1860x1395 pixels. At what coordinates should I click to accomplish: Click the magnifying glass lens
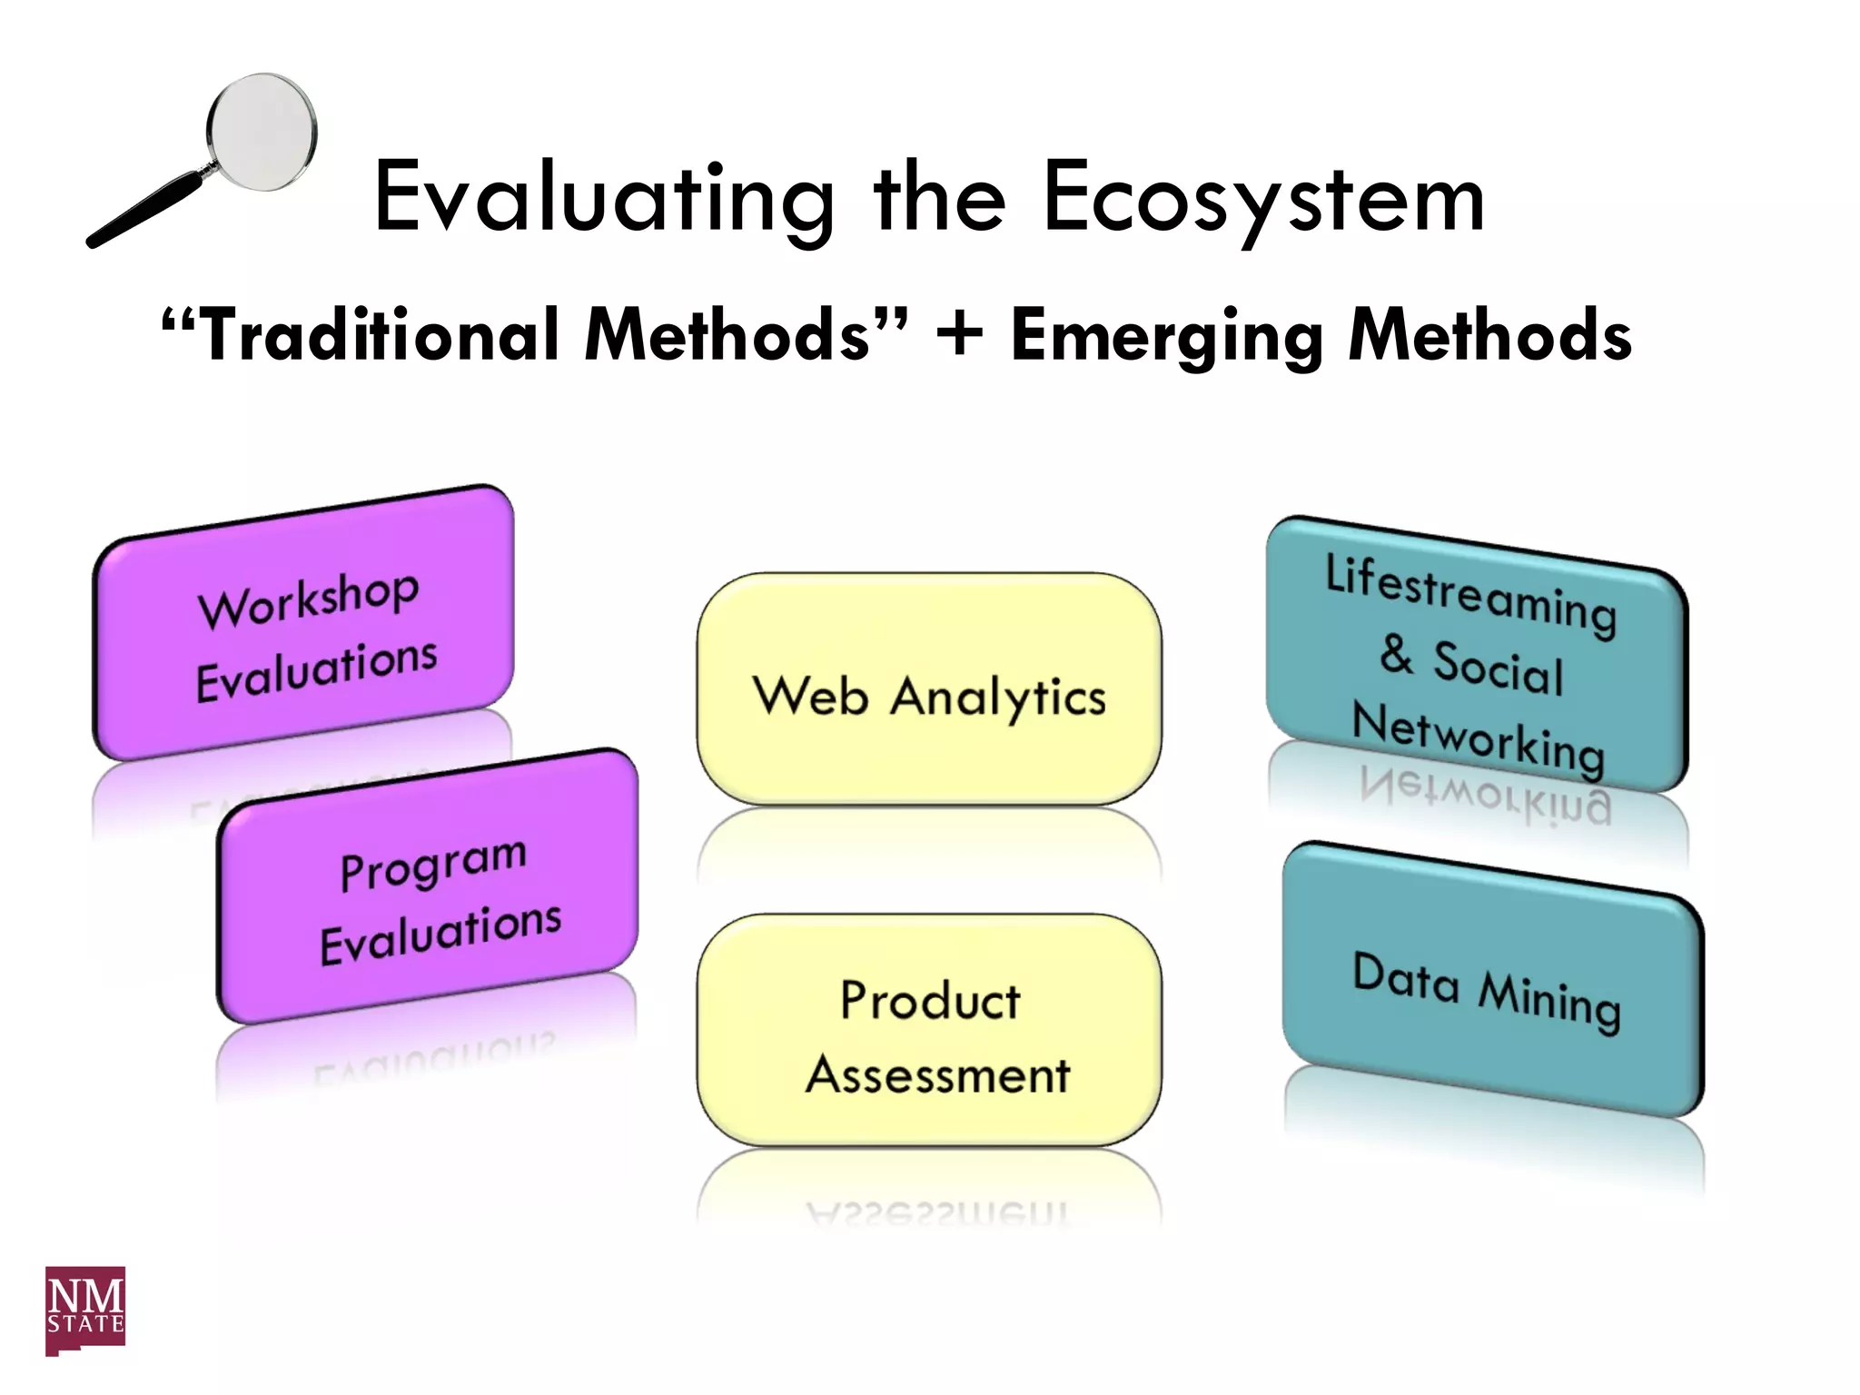(x=262, y=133)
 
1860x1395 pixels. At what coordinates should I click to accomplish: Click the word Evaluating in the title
(x=604, y=198)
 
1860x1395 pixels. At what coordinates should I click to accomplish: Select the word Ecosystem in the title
(x=1263, y=198)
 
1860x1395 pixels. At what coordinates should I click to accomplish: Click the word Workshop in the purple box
(x=309, y=599)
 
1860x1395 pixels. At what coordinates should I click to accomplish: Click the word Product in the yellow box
(x=929, y=1001)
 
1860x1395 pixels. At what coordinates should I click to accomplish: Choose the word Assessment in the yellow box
(x=937, y=1075)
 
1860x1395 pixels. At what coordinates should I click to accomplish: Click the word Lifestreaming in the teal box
(x=1470, y=595)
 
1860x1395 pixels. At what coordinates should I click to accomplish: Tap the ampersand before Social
(x=1396, y=655)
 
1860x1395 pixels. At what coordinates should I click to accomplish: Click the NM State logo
(x=85, y=1310)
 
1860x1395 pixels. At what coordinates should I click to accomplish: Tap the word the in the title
(x=940, y=198)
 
